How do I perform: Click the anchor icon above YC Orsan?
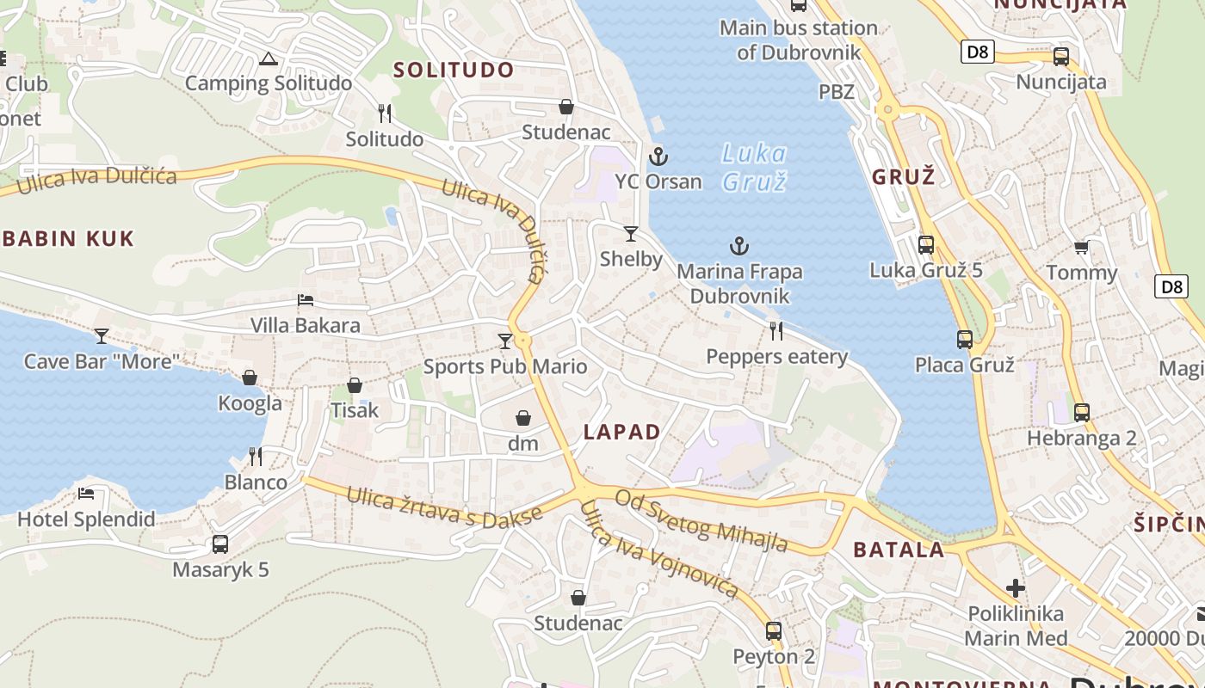point(658,157)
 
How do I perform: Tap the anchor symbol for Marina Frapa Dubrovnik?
point(739,247)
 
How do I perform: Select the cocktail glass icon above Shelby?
point(631,233)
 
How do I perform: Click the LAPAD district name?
point(622,432)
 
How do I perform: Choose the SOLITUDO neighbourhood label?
point(454,70)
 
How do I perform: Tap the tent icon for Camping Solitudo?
point(269,59)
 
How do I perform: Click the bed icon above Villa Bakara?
point(306,300)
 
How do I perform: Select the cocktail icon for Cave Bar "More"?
point(102,335)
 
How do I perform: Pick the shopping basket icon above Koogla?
point(250,378)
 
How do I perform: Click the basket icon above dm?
point(523,419)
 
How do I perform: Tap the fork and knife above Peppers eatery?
point(776,330)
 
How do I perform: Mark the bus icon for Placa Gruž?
point(965,340)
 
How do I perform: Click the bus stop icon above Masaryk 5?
point(220,544)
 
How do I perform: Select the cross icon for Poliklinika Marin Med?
point(1016,588)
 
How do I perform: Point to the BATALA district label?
point(899,550)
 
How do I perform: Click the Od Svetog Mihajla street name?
point(701,521)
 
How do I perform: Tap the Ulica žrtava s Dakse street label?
point(445,509)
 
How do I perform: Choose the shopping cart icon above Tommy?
point(1081,248)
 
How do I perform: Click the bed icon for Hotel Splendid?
point(86,494)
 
